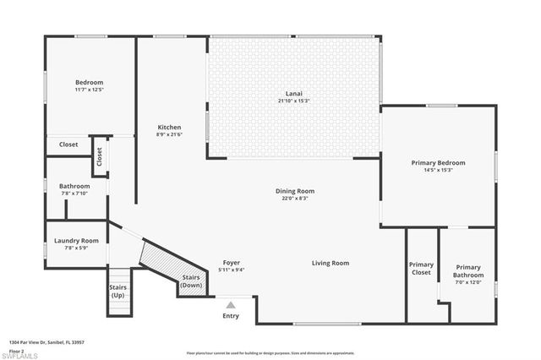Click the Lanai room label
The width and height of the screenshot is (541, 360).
[293, 94]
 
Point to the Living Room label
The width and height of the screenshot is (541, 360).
[330, 263]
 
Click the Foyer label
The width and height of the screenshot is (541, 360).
[231, 263]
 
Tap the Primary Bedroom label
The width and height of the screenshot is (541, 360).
[438, 162]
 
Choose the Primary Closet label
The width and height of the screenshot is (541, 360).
[420, 269]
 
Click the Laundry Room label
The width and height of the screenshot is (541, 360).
[76, 241]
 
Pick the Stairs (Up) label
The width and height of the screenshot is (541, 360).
[117, 292]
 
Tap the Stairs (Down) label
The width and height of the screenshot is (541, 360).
[192, 281]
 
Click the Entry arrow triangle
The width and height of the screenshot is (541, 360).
[230, 304]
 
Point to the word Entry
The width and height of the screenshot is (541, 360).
[230, 316]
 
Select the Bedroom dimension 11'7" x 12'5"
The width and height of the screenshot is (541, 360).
[88, 90]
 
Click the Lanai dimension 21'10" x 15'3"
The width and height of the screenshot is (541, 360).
[293, 101]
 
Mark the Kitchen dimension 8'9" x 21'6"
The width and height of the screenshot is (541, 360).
[169, 134]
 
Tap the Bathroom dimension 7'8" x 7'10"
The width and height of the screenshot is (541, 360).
[74, 193]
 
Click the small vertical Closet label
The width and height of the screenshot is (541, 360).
[100, 156]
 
